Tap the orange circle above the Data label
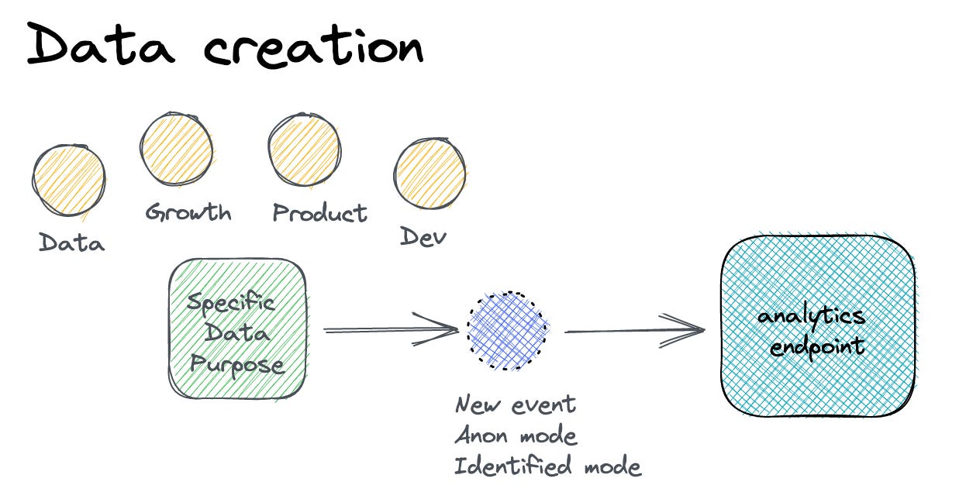coord(69,179)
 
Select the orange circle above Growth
coord(177,148)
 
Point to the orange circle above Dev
coord(430,175)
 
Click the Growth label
coord(188,212)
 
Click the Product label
coord(319,212)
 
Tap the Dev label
coord(423,236)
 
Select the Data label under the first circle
coord(72,243)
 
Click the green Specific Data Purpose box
coord(237,329)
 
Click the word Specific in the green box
coord(231,302)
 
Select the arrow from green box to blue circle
coord(391,330)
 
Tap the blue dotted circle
coord(508,330)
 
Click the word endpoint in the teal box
coord(816,345)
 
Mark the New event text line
coord(515,404)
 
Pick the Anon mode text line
coord(516,435)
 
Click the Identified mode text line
coord(547,466)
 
